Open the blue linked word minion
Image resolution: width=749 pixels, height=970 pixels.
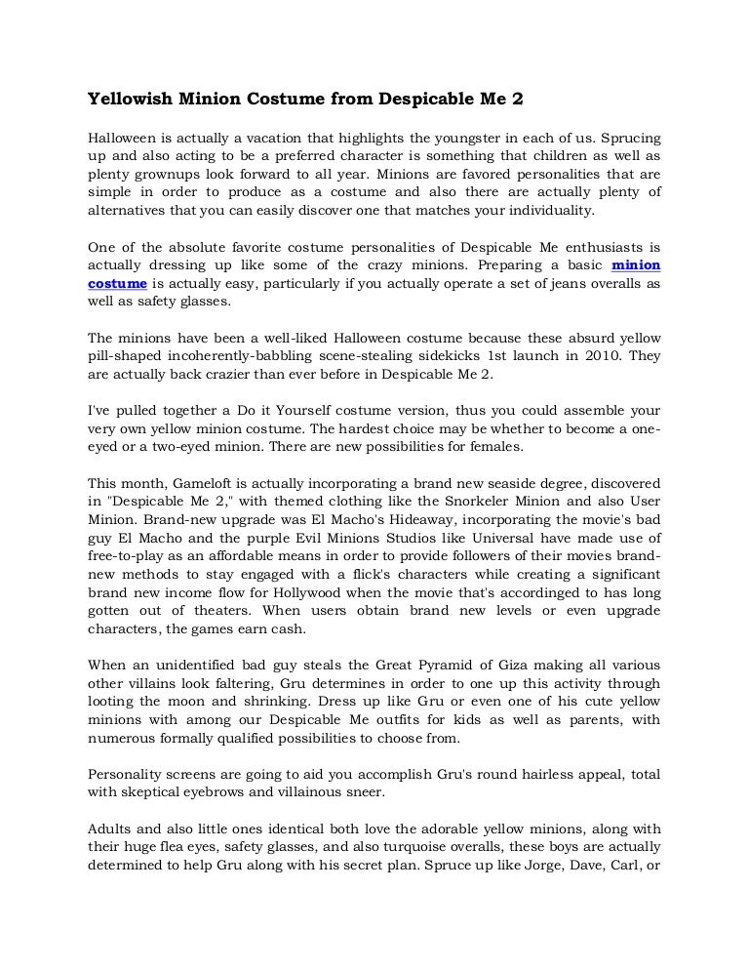coord(636,263)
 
